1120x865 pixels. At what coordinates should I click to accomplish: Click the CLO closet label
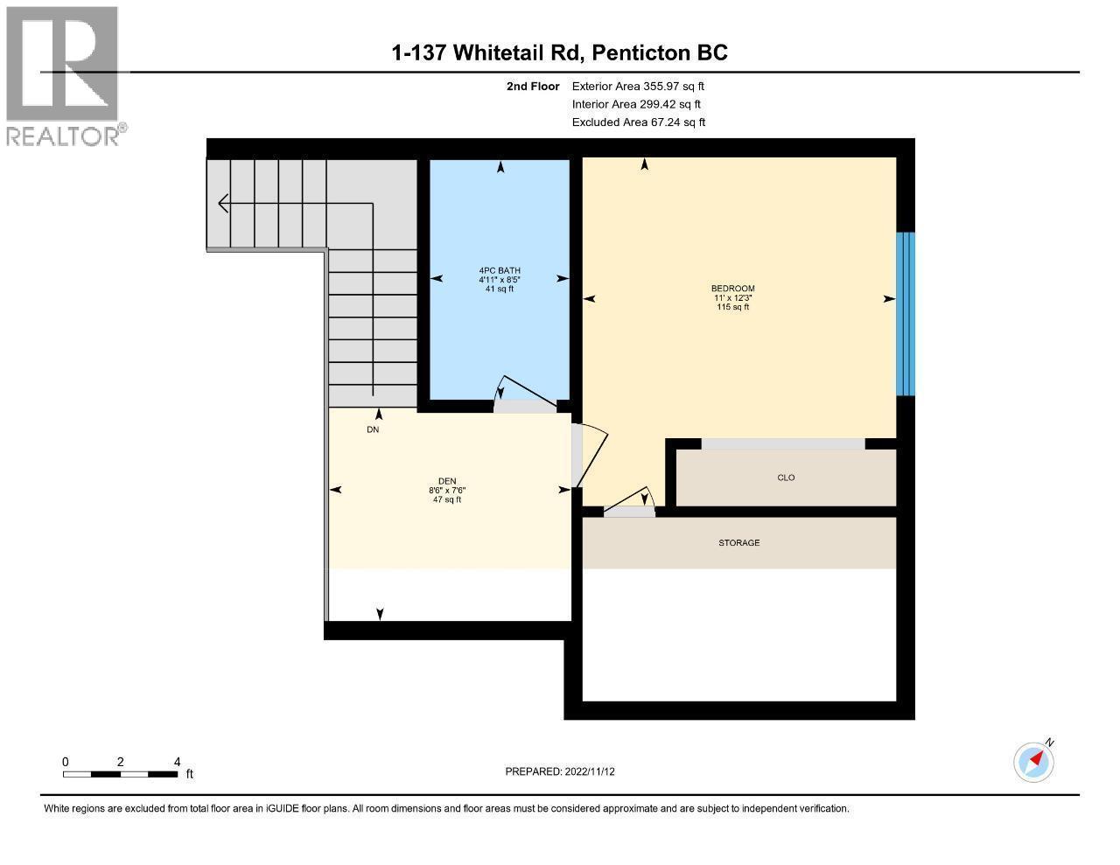click(x=786, y=478)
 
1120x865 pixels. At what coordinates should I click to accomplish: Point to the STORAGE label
click(x=739, y=543)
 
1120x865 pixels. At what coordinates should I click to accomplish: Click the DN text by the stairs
click(x=373, y=430)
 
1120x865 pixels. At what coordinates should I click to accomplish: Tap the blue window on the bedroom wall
click(x=906, y=314)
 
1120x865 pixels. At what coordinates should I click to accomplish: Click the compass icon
click(x=1033, y=762)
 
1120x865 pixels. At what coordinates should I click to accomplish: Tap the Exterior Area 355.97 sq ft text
click(x=638, y=87)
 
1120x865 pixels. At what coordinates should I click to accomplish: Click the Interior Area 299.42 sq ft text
click(x=636, y=104)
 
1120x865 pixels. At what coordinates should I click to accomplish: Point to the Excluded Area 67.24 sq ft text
click(x=638, y=122)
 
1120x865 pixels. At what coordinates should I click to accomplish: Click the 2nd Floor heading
click(x=532, y=87)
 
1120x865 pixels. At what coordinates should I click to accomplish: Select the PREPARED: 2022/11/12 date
click(x=560, y=771)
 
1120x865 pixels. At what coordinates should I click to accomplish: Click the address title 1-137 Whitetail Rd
click(x=560, y=53)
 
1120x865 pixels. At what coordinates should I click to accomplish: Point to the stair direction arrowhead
click(x=224, y=204)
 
